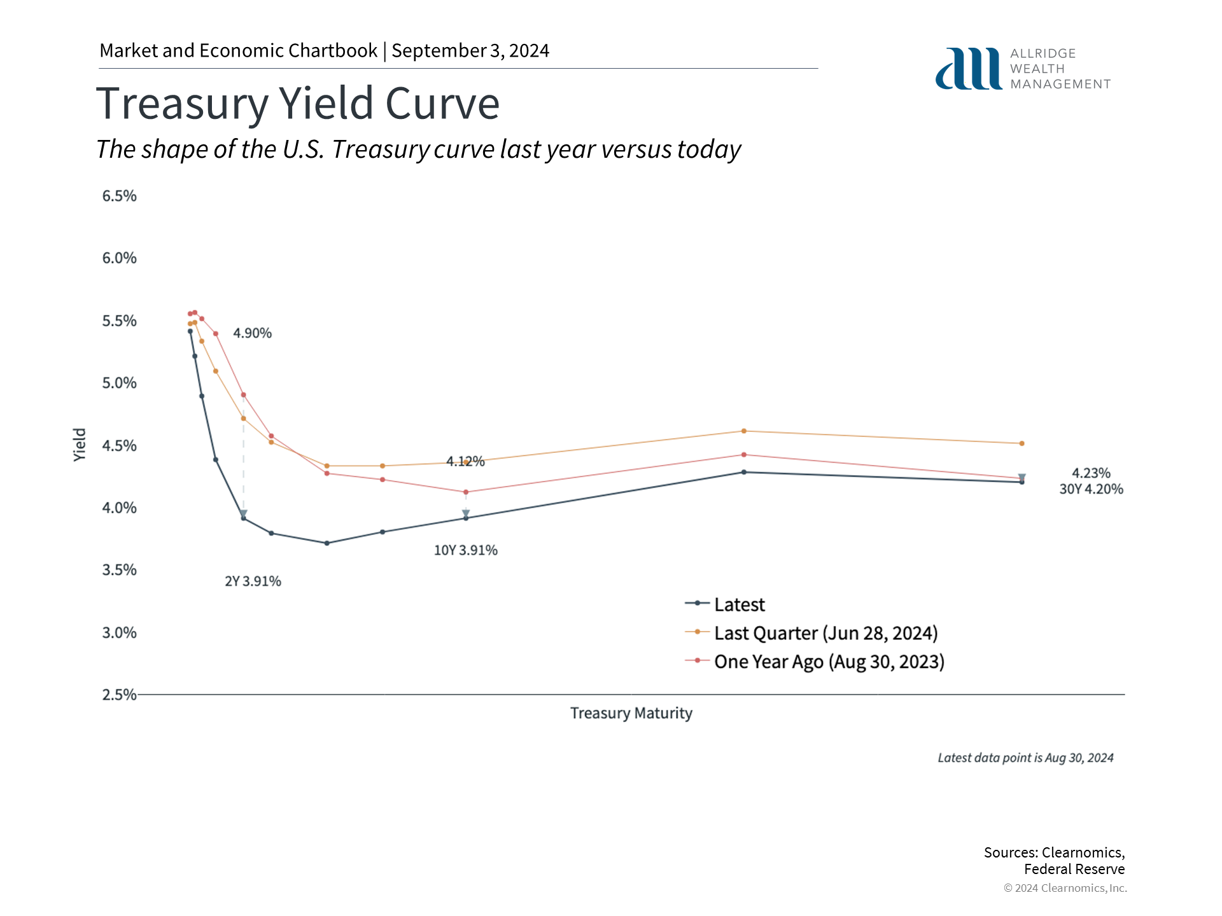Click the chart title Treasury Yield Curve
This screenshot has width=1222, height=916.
click(298, 104)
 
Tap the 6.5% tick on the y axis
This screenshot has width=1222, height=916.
click(120, 196)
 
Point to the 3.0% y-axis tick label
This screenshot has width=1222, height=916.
click(120, 633)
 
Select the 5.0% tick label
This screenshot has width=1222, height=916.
click(120, 383)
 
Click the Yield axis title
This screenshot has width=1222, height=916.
click(80, 445)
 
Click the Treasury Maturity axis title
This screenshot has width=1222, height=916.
click(631, 713)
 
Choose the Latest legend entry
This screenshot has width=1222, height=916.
click(739, 604)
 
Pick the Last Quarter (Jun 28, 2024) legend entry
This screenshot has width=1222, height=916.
click(825, 633)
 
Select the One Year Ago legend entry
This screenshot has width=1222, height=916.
click(829, 662)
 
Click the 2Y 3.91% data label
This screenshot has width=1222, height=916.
click(253, 581)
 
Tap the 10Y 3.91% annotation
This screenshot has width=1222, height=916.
click(466, 550)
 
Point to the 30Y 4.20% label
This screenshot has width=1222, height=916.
click(1091, 489)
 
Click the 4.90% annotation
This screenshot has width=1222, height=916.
click(252, 333)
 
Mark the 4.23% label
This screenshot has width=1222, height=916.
click(1091, 473)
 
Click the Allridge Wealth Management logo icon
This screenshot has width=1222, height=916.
click(968, 69)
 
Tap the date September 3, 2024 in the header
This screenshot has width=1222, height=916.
click(470, 51)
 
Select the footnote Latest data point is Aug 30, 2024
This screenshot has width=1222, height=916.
click(1025, 758)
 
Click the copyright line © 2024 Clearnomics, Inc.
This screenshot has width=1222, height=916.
click(1065, 888)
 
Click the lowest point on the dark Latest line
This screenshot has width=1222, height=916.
click(327, 543)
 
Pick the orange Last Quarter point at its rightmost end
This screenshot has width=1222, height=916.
click(1022, 443)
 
